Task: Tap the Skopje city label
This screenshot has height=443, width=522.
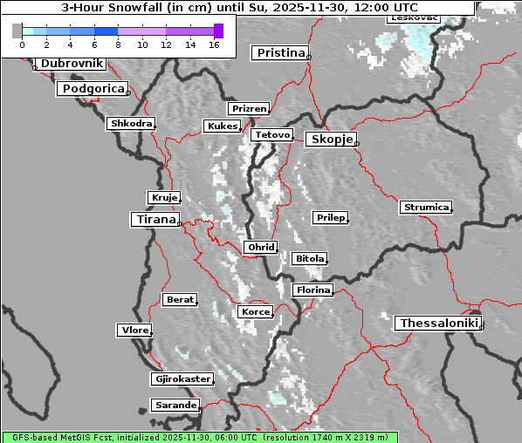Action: pyautogui.click(x=331, y=140)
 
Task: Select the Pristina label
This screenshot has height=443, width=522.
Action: pyautogui.click(x=280, y=53)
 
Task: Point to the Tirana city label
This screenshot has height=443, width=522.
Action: pyautogui.click(x=155, y=220)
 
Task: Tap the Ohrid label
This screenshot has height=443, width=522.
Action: pyautogui.click(x=260, y=248)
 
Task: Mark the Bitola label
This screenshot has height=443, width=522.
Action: pyautogui.click(x=309, y=259)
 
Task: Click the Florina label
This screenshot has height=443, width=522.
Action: pyautogui.click(x=313, y=290)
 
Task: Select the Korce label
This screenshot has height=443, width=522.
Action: pyautogui.click(x=255, y=311)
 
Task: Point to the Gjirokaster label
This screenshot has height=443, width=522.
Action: pyautogui.click(x=182, y=379)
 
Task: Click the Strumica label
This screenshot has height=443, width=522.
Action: pyautogui.click(x=426, y=208)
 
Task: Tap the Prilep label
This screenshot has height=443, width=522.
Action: pyautogui.click(x=330, y=217)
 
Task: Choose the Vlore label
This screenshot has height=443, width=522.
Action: pyautogui.click(x=134, y=330)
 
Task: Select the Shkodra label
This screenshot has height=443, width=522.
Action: pyautogui.click(x=131, y=124)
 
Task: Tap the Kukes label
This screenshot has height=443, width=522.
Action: pyautogui.click(x=222, y=126)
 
